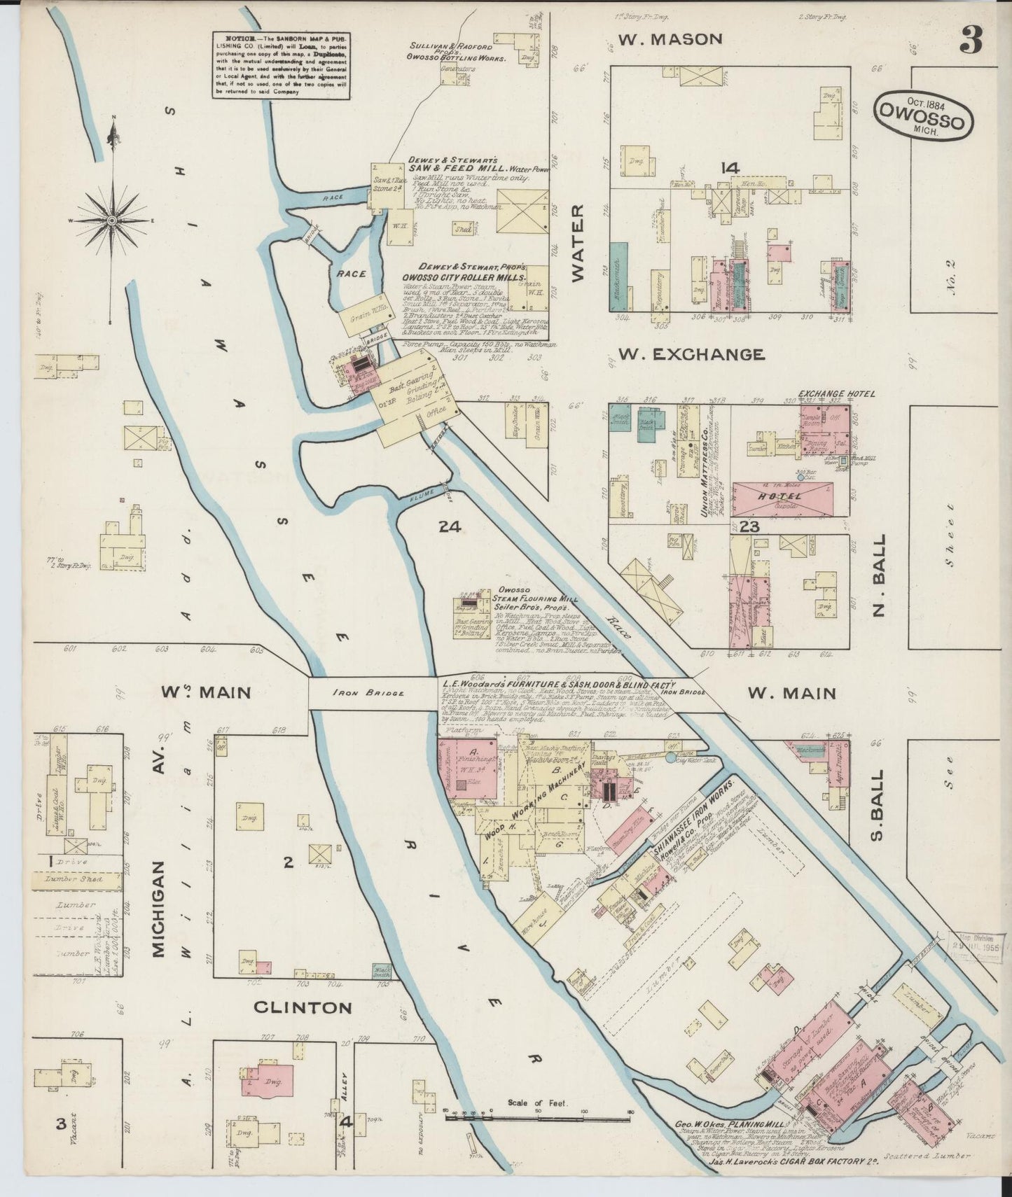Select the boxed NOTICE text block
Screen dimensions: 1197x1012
[x=281, y=65]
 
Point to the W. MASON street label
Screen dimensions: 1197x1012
[x=670, y=39]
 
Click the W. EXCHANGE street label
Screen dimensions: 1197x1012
[x=691, y=355]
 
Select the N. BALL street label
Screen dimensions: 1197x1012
[x=880, y=575]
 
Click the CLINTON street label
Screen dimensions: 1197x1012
[x=302, y=1007]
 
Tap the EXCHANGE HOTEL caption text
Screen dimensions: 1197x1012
[x=836, y=394]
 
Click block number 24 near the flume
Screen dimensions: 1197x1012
[x=449, y=527]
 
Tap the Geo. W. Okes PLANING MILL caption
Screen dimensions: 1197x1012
[x=728, y=1125]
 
